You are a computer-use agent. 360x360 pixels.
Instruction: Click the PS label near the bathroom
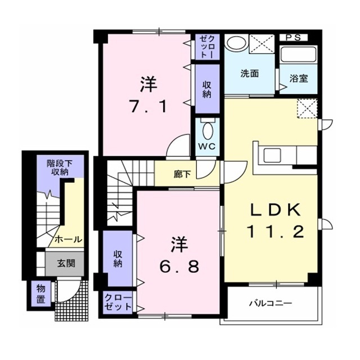pos(293,38)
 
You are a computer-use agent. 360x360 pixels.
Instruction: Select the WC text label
pos(207,146)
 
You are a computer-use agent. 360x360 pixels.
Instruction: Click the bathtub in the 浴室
pos(298,55)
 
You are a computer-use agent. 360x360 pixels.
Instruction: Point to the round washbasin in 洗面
pos(236,43)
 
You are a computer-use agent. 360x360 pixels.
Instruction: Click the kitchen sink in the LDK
pos(272,155)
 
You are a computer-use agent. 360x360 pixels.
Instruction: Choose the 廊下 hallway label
pos(182,174)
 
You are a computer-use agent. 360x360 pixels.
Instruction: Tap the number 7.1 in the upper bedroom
pos(148,107)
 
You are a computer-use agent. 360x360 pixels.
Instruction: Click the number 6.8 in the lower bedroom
pos(179,266)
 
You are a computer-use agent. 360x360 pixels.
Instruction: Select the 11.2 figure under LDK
pos(276,231)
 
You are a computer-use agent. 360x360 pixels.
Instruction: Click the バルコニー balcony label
pos(271,303)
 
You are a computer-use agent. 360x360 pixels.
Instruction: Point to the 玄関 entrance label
pos(66,263)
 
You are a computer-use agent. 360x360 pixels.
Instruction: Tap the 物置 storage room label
pos(41,294)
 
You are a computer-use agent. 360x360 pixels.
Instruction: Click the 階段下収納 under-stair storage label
pos(60,168)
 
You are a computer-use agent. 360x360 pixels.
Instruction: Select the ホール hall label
pos(68,240)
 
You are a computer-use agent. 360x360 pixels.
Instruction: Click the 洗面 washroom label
pos(250,73)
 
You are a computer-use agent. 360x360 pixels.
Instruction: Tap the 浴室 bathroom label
pos(299,79)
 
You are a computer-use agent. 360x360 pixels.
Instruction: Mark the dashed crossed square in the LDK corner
pos(307,109)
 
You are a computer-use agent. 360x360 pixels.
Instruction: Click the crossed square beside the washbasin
pos(262,44)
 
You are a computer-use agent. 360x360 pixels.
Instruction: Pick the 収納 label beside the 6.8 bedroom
pos(118,259)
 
